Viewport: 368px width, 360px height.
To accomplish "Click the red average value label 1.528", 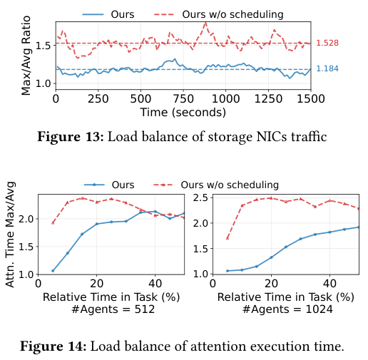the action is point(327,43).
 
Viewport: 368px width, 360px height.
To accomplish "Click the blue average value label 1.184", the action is point(327,68).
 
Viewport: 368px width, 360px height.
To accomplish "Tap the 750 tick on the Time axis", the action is point(183,98).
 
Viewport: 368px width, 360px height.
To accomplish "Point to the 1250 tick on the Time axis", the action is point(268,98).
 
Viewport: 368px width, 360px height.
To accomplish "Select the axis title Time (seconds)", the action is point(183,112).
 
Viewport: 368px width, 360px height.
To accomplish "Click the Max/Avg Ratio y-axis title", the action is point(26,56).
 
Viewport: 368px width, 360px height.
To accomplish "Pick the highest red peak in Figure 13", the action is point(205,23).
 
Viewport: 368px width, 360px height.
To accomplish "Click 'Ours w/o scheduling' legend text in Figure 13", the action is point(232,14).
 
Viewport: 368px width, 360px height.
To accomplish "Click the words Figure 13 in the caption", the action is point(71,137).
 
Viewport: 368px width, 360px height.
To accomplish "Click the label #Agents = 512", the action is point(113,309).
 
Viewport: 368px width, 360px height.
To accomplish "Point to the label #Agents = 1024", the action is point(287,309).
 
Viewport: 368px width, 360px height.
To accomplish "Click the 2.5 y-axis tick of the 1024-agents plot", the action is point(201,197).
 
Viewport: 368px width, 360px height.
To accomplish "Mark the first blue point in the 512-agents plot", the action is point(53,271).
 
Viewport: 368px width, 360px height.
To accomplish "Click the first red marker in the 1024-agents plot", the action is point(228,238).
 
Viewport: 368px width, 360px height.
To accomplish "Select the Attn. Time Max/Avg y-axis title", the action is point(10,235).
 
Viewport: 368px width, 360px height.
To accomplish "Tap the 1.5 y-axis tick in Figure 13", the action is point(43,46).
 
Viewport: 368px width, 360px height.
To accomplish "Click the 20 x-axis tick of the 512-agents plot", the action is point(96,284).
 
